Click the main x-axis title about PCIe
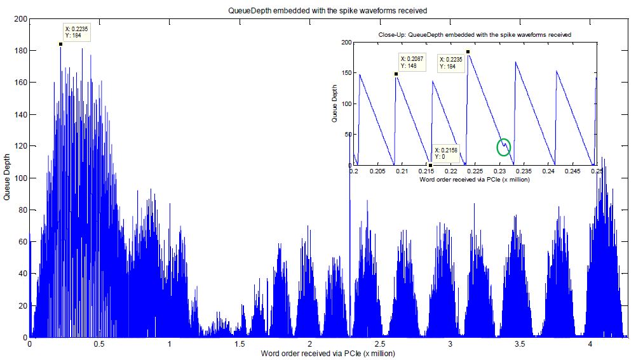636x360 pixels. pos(327,353)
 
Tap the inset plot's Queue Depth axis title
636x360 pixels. pos(335,104)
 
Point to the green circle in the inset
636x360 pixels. pos(503,147)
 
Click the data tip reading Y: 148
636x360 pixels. pos(411,62)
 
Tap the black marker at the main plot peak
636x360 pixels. pos(60,44)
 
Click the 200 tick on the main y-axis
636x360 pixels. pos(19,19)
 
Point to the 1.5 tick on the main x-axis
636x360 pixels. pos(239,343)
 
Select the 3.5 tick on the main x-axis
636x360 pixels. pos(520,343)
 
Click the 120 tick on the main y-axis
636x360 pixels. pos(19,147)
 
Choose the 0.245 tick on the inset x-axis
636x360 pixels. pos(572,171)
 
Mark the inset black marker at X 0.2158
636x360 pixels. pos(430,164)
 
